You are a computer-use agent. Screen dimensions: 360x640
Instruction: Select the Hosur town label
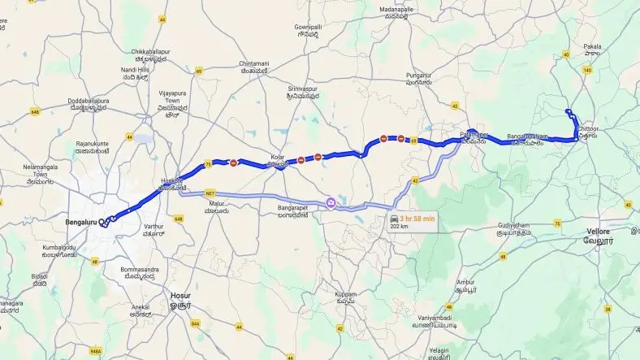[x=179, y=296]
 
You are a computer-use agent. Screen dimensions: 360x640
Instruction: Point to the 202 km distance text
[x=399, y=227]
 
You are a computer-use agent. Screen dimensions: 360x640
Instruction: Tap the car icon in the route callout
[x=395, y=218]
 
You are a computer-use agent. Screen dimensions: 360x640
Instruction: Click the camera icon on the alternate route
[x=331, y=202]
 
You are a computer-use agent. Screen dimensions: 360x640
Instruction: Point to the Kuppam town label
[x=348, y=294]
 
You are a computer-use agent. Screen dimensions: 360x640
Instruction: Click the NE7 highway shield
[x=211, y=193]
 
